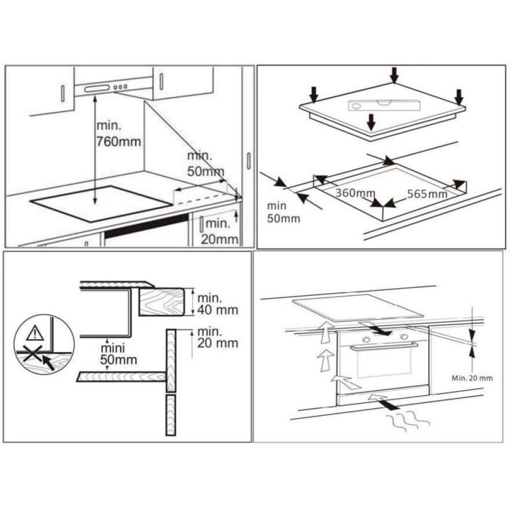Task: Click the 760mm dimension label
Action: [119, 142]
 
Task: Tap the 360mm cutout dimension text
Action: [355, 193]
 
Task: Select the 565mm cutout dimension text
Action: [427, 194]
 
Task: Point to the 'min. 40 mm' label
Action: [218, 304]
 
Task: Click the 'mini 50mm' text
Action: [118, 354]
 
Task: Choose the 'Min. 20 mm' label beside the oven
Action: [472, 378]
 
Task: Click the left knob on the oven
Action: [366, 340]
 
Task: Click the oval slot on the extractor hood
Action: [97, 88]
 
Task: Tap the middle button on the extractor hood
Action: [120, 87]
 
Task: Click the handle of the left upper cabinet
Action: [63, 93]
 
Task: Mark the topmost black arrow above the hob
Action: [394, 75]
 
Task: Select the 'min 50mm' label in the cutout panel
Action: [283, 212]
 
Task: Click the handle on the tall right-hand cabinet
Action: [249, 161]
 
